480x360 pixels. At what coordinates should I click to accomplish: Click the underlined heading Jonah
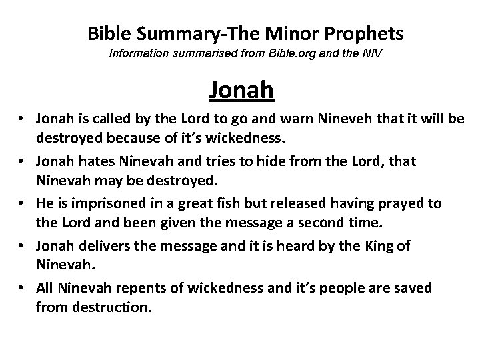241,89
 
